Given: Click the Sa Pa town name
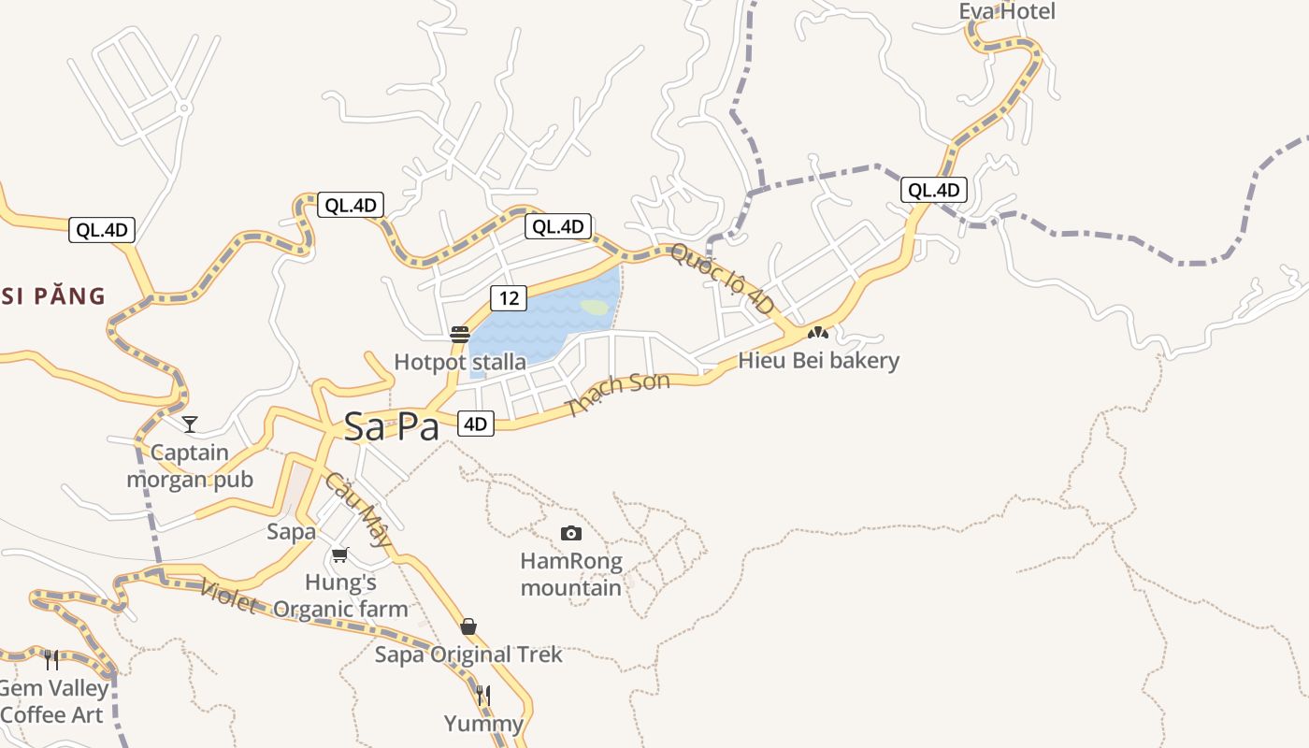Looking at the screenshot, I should coord(391,427).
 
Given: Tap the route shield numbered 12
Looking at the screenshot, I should coord(509,298).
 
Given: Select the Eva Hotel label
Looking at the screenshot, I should coord(1007,11).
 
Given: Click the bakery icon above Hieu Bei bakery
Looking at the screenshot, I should coord(818,332).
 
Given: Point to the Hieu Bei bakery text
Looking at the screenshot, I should coord(818,360).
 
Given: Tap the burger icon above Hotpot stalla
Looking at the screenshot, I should coord(459,334).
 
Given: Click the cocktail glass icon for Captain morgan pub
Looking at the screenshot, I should coord(190,424).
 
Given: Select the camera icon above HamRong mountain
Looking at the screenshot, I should coord(571,533).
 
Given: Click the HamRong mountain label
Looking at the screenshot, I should coord(570,574).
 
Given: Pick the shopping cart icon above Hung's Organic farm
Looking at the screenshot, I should coord(340,554).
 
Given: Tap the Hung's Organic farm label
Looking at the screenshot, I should coord(340,596).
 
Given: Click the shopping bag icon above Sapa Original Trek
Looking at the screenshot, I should coord(468,626).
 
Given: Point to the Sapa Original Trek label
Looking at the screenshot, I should coord(468,654).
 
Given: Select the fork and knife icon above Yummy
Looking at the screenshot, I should coord(483,695).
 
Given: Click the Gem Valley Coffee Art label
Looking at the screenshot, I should coord(54,701).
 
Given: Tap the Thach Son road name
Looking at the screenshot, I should coord(618,394).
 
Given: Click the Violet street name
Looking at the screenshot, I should coord(228,595).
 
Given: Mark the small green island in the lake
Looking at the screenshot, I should coord(595,306).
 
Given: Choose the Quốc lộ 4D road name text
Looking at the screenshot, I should coord(722,279).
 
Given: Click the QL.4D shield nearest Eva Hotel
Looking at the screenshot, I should coord(934,190).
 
